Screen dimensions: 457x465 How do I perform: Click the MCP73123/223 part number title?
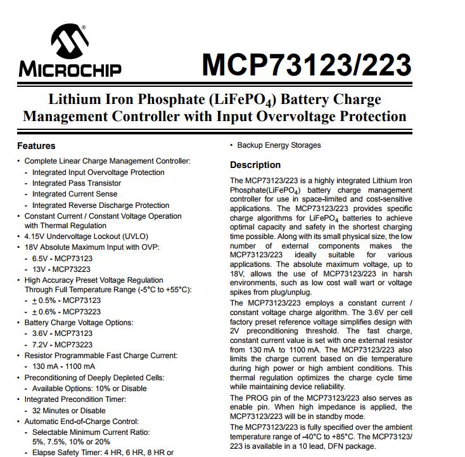click(x=306, y=64)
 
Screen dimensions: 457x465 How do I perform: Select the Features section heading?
click(x=36, y=146)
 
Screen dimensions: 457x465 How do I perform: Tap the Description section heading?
click(x=255, y=165)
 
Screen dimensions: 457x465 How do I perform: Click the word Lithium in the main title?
click(x=73, y=100)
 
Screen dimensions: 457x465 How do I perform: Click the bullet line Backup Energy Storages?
click(x=279, y=145)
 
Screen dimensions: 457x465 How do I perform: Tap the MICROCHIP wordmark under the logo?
click(x=70, y=68)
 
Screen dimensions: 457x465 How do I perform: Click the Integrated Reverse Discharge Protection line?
click(x=101, y=205)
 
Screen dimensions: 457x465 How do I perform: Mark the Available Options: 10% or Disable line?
click(x=89, y=389)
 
